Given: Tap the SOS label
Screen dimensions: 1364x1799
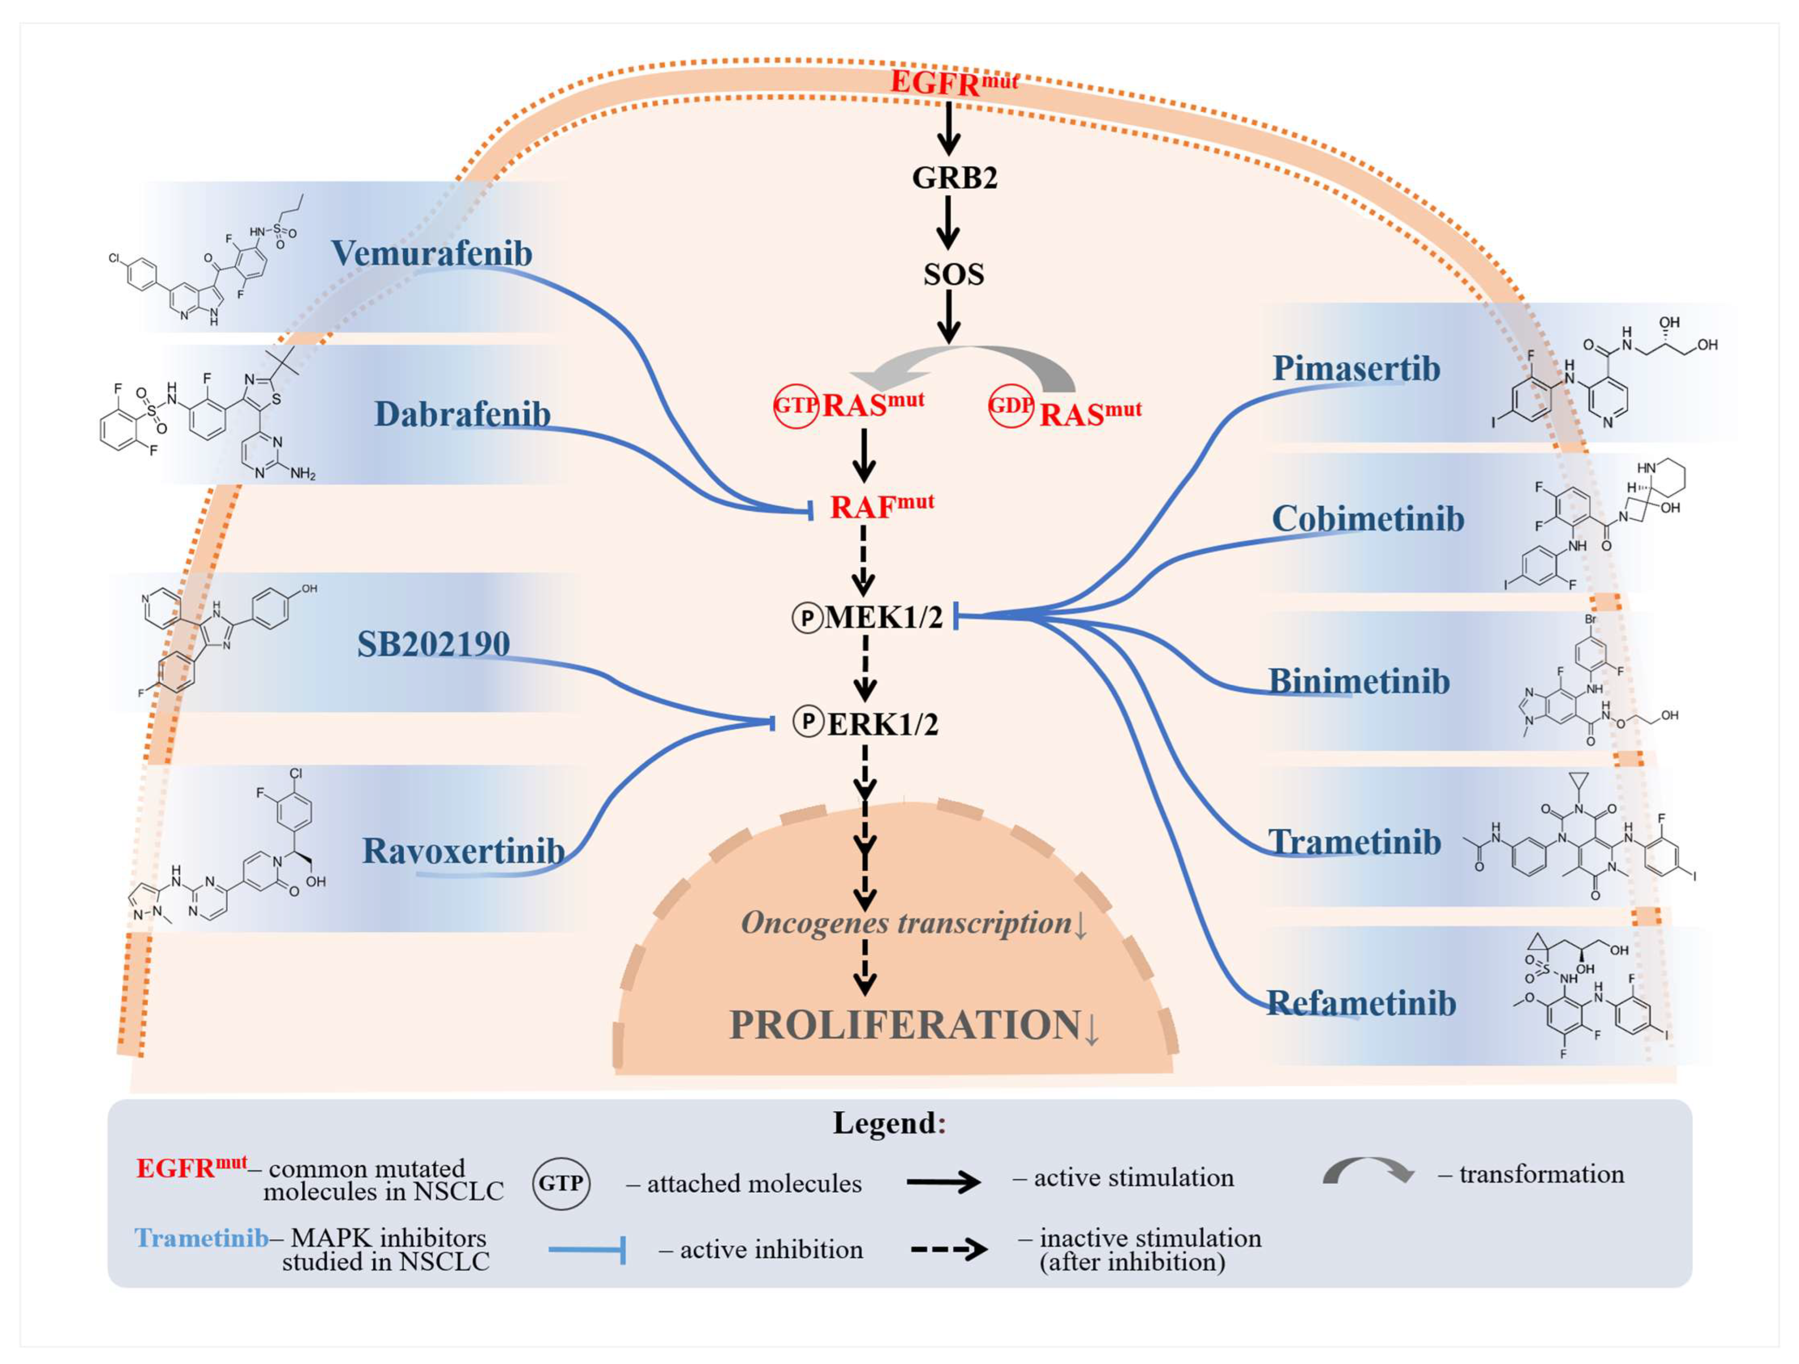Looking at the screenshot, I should coord(953,275).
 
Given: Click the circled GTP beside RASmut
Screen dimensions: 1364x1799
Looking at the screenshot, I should coord(794,405).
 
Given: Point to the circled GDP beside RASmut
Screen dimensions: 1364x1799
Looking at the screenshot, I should coord(1010,405).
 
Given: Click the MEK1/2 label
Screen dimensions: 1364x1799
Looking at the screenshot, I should coord(883,618).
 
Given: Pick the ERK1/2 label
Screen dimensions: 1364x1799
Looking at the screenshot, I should coord(882,723).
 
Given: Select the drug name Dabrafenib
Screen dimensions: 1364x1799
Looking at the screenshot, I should coord(462,415).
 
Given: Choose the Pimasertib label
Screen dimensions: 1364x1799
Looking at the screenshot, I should coord(1356,368).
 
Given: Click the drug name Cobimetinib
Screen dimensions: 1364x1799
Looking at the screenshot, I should coord(1368,519).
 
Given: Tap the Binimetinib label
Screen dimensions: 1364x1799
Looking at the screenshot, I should coord(1359,681).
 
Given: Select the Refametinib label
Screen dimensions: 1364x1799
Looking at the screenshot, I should coord(1362,1003).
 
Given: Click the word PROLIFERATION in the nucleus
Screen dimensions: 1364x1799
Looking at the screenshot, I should coord(904,1025).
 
